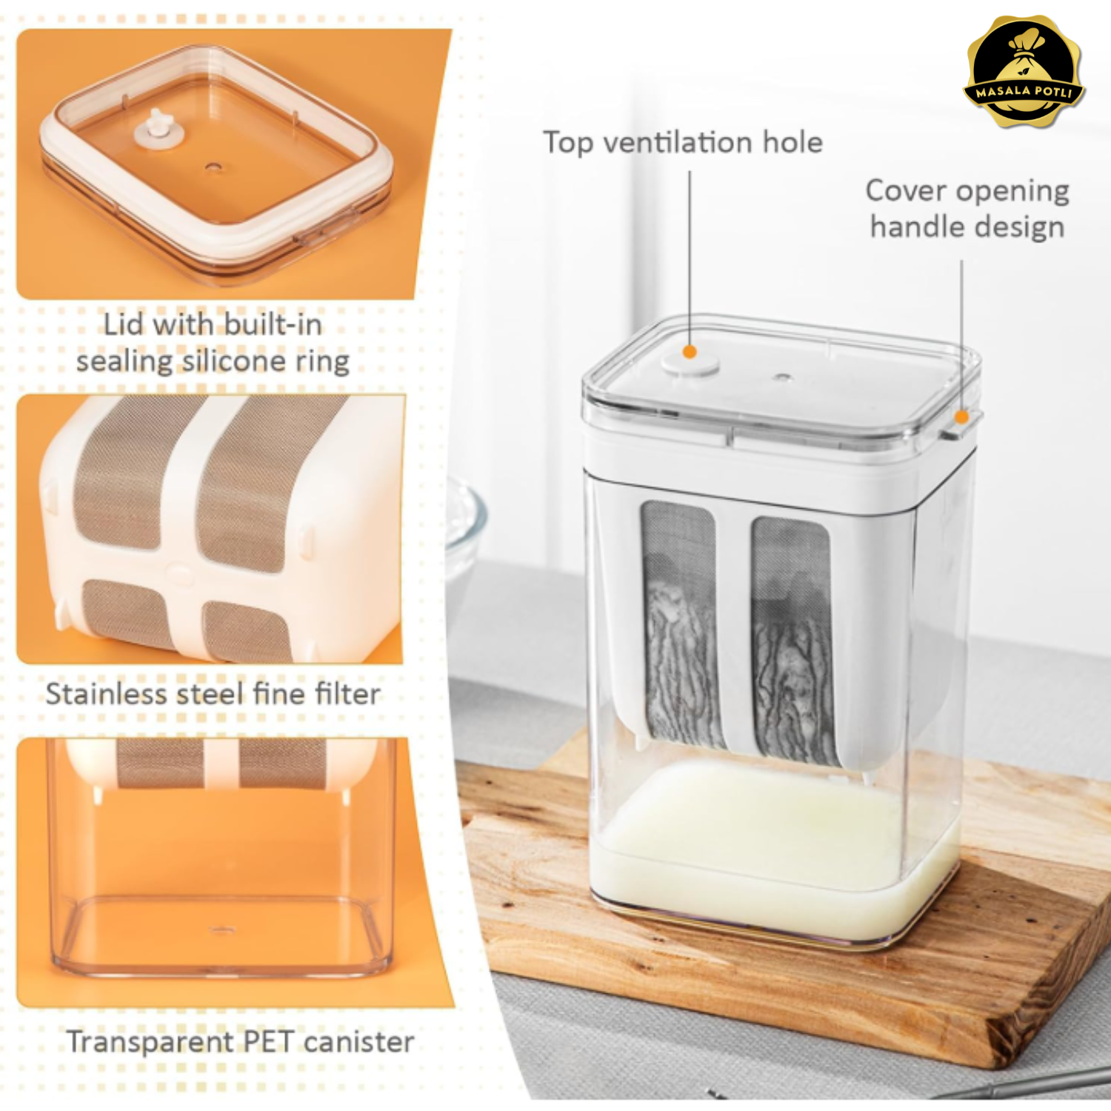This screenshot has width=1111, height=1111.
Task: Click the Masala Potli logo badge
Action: click(1024, 72)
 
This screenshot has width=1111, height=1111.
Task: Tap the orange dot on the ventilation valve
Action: click(690, 352)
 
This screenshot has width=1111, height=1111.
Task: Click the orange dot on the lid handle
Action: click(961, 417)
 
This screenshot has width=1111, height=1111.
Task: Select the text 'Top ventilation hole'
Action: click(683, 142)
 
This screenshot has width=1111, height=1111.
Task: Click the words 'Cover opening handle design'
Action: click(967, 209)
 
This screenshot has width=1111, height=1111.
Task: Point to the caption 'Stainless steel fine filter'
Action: click(213, 694)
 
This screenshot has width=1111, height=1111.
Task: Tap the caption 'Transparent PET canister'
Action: click(240, 1041)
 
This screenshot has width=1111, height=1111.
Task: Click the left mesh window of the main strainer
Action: click(681, 624)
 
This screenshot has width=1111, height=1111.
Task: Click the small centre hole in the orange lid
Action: click(213, 167)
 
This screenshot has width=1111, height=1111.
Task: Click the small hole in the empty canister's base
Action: click(220, 929)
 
